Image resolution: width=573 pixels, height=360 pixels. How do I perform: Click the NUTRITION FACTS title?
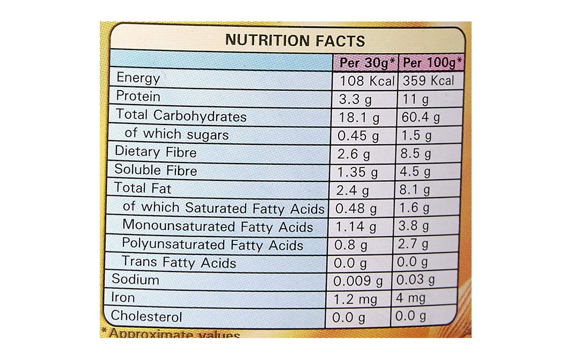[x=295, y=40]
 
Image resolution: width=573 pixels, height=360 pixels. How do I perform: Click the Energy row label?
[x=138, y=78]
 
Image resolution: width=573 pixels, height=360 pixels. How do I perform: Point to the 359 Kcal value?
[x=429, y=81]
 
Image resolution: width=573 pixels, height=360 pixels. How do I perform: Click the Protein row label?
[x=138, y=97]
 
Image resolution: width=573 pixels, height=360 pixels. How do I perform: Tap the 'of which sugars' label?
[x=177, y=134]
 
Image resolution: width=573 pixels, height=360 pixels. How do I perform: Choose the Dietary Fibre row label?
[x=156, y=152]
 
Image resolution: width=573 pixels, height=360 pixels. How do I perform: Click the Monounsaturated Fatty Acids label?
[x=217, y=226]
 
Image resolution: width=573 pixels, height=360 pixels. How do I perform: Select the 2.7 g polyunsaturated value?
[x=413, y=245]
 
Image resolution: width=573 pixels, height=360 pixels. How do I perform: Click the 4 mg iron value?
[x=410, y=298]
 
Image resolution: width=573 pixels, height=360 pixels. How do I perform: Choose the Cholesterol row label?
[x=146, y=317]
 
